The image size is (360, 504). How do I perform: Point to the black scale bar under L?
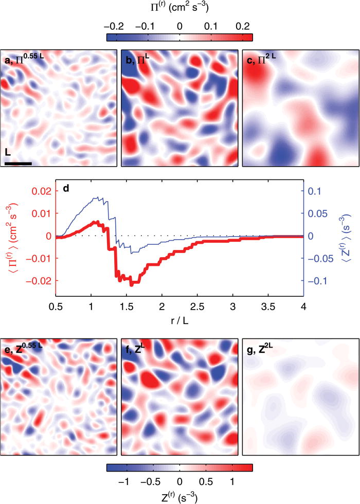coord(19,164)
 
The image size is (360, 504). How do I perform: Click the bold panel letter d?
coord(65,188)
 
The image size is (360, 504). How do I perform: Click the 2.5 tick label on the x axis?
coord(197,307)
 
